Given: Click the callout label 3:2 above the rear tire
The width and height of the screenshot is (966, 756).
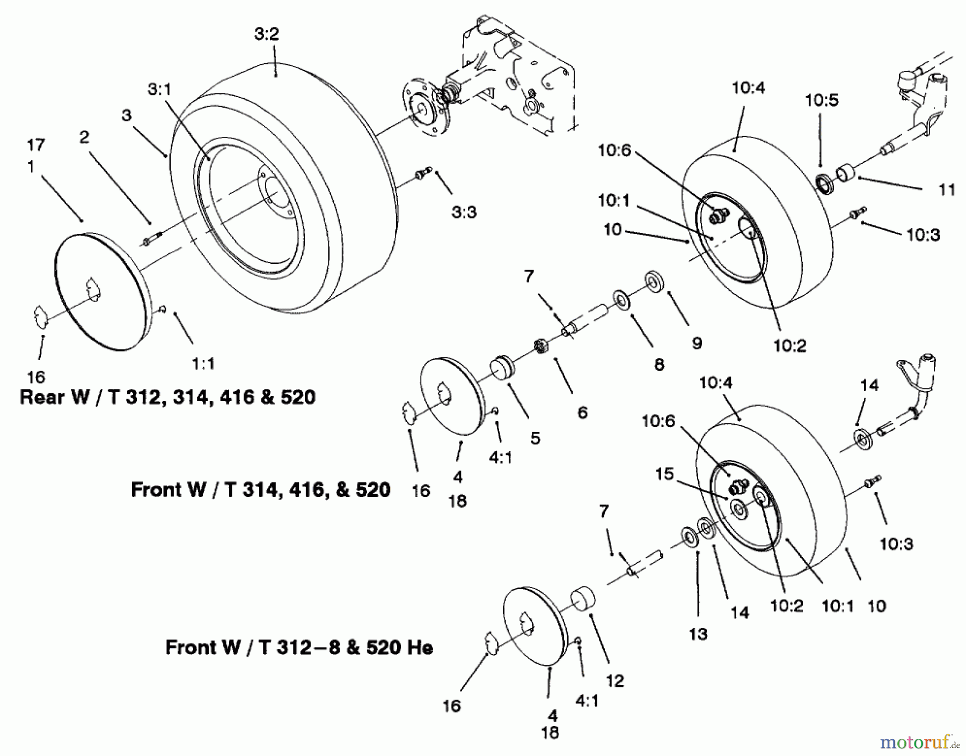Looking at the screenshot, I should (x=267, y=34).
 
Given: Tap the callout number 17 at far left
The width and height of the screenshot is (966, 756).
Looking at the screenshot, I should (x=36, y=145).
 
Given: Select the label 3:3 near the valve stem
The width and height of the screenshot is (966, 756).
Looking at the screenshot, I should (x=464, y=212).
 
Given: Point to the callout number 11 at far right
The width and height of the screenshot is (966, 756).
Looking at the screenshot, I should (x=947, y=189).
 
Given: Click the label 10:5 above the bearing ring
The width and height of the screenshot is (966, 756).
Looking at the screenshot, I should (x=821, y=100).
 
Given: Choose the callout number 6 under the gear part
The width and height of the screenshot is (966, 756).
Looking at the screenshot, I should (x=582, y=412).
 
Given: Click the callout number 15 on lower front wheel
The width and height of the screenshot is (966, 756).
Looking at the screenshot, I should (x=664, y=474).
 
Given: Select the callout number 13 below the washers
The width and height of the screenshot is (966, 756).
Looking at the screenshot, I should (x=698, y=634).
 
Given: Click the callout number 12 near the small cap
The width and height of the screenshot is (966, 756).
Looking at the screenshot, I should (x=615, y=681).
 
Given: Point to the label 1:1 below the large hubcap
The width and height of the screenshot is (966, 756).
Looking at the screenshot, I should (x=203, y=364).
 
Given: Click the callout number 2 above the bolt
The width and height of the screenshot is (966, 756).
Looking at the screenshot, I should (x=84, y=137).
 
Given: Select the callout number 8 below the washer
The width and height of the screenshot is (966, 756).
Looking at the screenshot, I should (x=659, y=365).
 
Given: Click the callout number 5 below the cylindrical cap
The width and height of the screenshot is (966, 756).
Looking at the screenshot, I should (x=535, y=438).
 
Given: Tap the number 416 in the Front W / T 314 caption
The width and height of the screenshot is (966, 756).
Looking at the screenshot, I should (x=303, y=490).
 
